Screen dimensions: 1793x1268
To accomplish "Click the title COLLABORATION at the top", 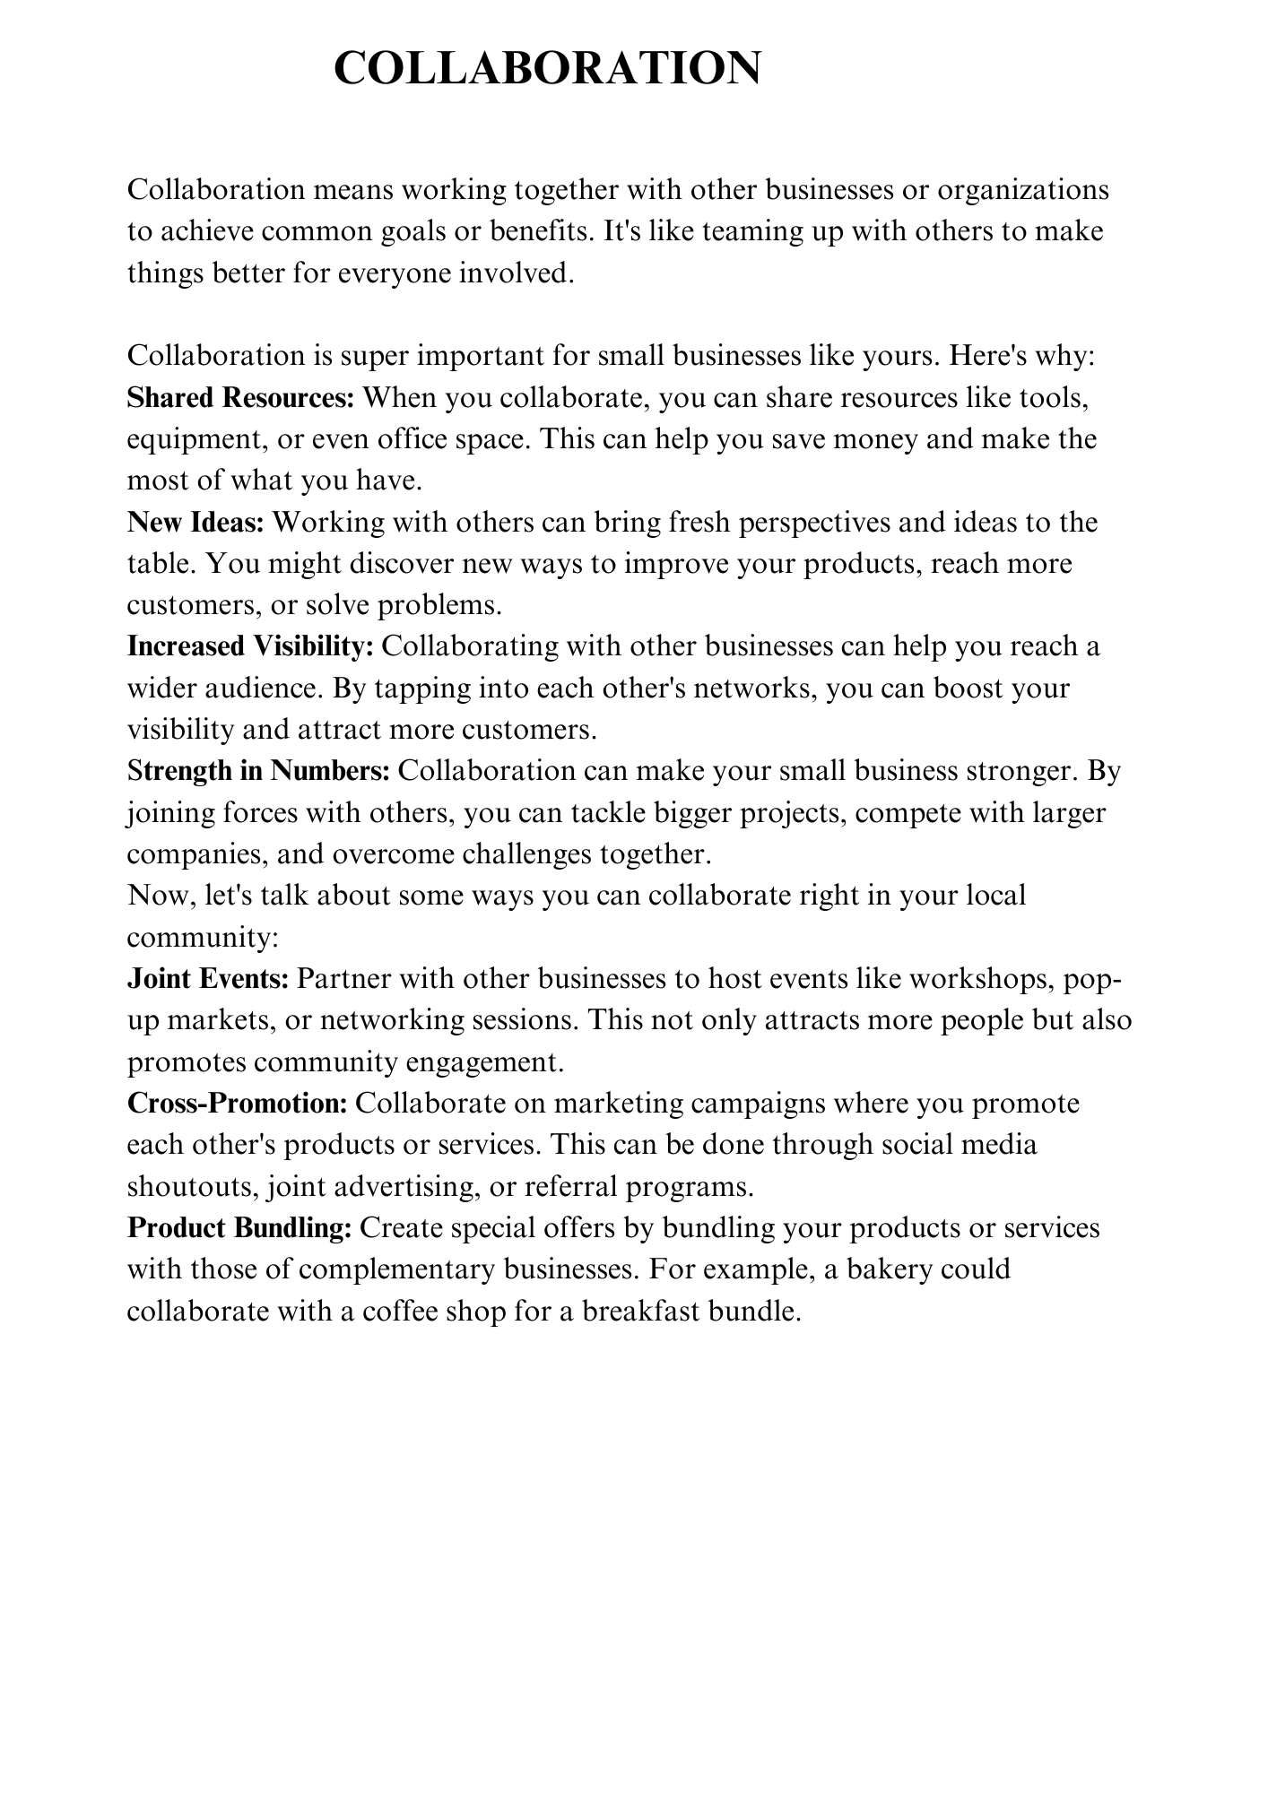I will tap(547, 68).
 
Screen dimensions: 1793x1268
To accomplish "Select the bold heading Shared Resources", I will tap(241, 397).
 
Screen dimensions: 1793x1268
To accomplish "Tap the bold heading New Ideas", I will tap(195, 522).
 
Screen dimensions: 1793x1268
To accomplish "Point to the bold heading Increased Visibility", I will tap(250, 646).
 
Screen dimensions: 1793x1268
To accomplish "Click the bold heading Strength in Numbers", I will tap(258, 771).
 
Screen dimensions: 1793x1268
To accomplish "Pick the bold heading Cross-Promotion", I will tap(237, 1103).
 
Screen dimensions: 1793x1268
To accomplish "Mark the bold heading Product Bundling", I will tap(239, 1227).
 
